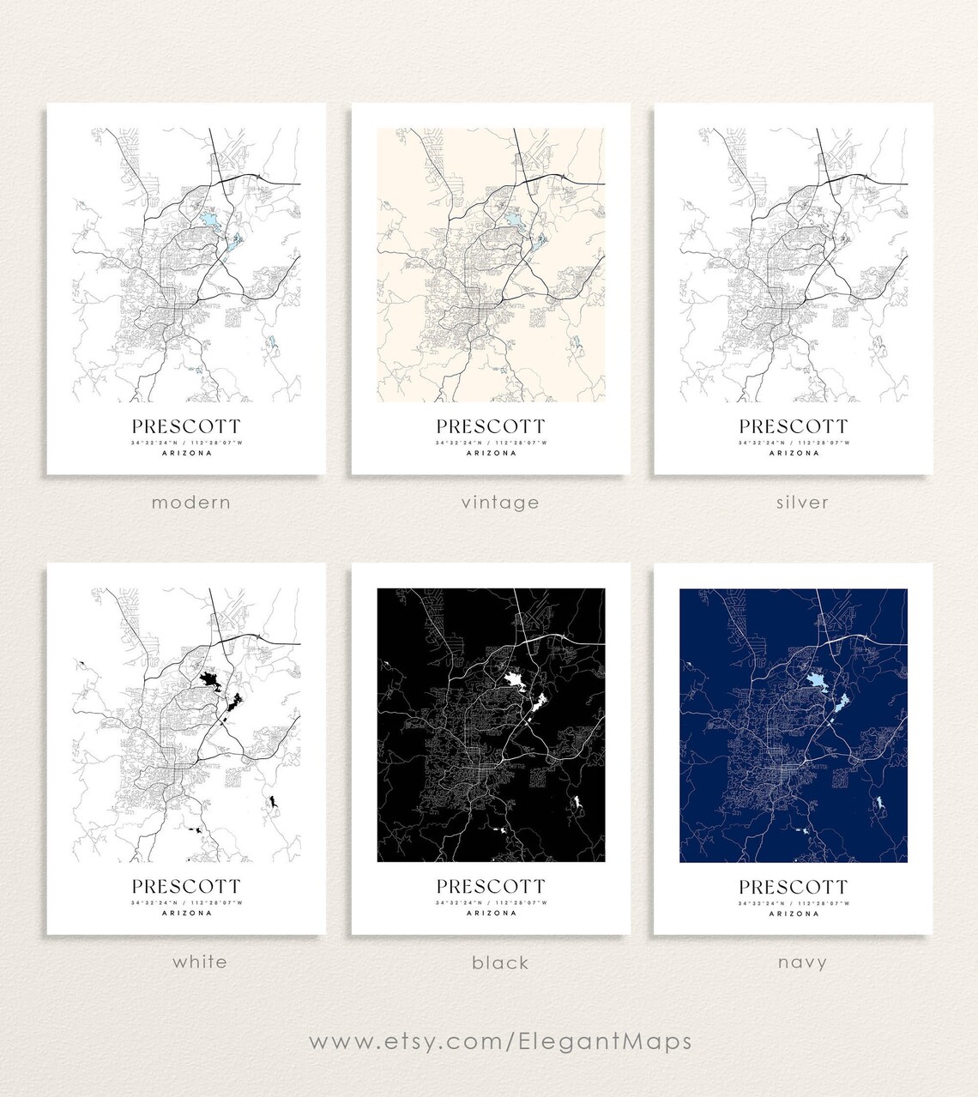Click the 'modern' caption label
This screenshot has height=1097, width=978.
coord(191,503)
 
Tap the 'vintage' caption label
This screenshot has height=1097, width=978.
coord(500,503)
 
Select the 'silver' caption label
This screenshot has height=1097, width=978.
coord(802,503)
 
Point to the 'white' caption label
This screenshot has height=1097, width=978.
coord(200,961)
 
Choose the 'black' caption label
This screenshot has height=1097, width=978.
coord(500,962)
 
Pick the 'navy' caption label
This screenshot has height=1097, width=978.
coord(802,962)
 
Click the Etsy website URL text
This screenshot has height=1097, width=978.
coord(500,1041)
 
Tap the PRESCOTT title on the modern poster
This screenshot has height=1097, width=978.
coord(186,426)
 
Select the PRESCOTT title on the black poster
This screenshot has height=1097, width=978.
coord(491,886)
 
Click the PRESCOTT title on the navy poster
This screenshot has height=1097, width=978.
coord(794,886)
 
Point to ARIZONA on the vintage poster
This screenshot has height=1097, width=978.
coord(491,453)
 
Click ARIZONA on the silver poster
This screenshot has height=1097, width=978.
coord(794,453)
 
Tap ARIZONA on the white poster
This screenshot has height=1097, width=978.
coord(186,913)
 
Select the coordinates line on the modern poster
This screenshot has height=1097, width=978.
coord(186,443)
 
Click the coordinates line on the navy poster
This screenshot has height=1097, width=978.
coord(794,902)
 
